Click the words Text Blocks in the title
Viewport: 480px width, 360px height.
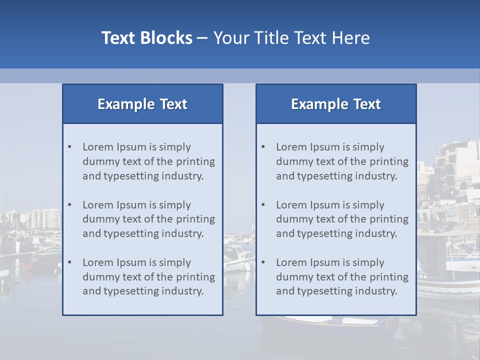[146, 38]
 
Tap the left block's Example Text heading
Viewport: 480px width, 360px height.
[142, 104]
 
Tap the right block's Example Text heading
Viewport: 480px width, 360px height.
[336, 104]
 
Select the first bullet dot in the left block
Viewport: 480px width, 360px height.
[69, 147]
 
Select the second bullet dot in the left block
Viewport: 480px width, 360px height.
[69, 205]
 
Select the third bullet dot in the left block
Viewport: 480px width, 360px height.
[69, 262]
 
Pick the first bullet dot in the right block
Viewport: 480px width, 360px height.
[263, 147]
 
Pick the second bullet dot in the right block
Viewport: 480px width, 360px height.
[263, 205]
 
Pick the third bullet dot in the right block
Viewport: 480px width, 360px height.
[263, 262]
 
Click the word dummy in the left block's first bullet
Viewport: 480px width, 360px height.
[99, 161]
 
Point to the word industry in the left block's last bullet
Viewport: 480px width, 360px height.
[182, 291]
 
